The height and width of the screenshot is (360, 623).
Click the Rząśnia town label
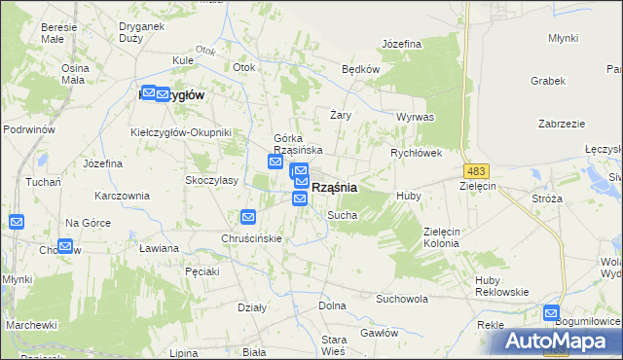click(x=334, y=187)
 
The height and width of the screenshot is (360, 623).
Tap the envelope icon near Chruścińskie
click(x=248, y=217)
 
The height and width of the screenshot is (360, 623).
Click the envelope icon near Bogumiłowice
click(x=552, y=314)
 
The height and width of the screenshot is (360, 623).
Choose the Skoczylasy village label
click(x=214, y=181)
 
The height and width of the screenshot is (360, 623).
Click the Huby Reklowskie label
click(x=500, y=287)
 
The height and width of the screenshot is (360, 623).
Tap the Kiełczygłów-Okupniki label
click(x=180, y=132)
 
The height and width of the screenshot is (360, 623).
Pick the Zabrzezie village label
click(x=561, y=124)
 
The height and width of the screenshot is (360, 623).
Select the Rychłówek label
click(x=417, y=153)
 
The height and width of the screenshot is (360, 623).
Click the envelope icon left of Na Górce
click(x=17, y=222)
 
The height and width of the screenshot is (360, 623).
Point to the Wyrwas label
click(x=415, y=116)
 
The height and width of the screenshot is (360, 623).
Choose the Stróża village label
click(x=547, y=198)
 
